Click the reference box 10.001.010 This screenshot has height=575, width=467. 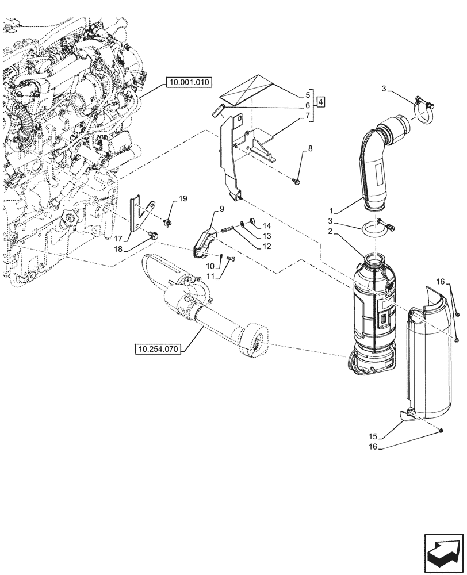[x=190, y=83]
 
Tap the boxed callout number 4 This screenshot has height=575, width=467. [x=321, y=102]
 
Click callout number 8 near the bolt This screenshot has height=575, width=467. [x=310, y=149]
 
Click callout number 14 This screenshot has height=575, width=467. [x=267, y=225]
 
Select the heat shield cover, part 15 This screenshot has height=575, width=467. [x=431, y=362]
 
